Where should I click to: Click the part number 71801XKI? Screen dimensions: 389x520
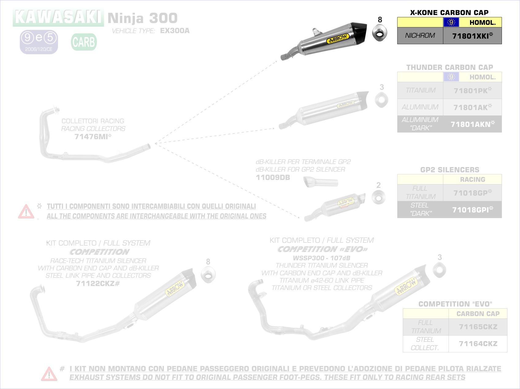coord(472,36)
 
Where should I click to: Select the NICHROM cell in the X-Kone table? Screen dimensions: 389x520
coord(420,36)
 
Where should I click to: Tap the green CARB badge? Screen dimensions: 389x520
coord(84,42)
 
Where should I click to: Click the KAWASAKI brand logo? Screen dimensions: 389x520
coord(58,17)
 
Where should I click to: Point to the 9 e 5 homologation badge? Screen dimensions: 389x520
coord(39,42)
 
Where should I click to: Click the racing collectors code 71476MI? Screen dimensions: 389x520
coord(93,137)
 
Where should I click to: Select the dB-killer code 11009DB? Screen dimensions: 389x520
coord(273,177)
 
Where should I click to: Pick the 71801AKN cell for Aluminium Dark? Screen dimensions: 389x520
coord(472,124)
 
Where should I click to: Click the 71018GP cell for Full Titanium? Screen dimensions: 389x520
coord(472,193)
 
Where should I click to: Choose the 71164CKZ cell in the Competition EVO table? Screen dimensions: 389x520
coord(478,344)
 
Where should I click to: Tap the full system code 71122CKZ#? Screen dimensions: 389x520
coord(98,284)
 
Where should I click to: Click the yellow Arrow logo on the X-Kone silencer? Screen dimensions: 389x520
coord(338,39)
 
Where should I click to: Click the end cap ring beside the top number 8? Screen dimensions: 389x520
coord(380,33)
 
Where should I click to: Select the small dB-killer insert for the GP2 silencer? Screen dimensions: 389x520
coord(320,182)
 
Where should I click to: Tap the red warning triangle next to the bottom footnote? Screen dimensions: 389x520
coord(49,374)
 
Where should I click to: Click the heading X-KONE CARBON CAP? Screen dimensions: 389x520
coord(449,13)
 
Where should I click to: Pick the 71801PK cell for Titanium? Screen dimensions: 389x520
coord(472,90)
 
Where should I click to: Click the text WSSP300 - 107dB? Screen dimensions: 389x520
coord(321,258)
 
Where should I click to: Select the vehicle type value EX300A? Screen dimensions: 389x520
coord(175,31)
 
